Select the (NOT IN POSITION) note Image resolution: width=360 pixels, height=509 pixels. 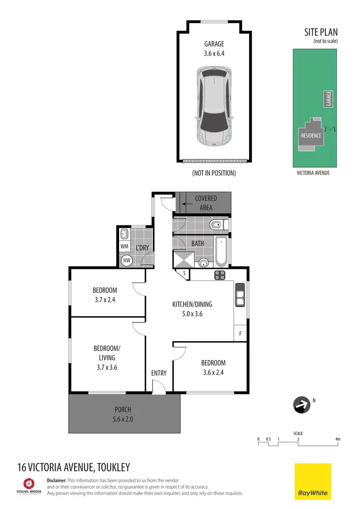(214, 173)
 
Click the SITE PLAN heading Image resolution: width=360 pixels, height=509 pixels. (321, 33)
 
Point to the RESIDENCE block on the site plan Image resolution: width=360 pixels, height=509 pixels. (311, 135)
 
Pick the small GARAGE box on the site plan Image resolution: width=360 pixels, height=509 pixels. (329, 99)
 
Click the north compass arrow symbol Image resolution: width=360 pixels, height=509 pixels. (301, 405)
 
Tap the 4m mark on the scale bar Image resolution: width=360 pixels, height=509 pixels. (337, 439)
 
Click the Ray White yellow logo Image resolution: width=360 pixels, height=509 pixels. (312, 481)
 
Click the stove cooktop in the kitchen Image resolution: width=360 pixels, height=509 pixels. (219, 275)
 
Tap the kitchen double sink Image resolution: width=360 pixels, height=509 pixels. (240, 295)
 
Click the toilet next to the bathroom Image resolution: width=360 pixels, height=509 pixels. (216, 224)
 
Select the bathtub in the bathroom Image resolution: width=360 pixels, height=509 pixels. (222, 251)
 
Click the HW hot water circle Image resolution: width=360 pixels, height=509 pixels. (127, 260)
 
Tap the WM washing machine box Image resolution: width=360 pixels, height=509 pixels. (125, 247)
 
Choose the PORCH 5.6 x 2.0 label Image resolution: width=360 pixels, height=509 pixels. (123, 414)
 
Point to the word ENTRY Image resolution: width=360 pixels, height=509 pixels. (159, 373)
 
